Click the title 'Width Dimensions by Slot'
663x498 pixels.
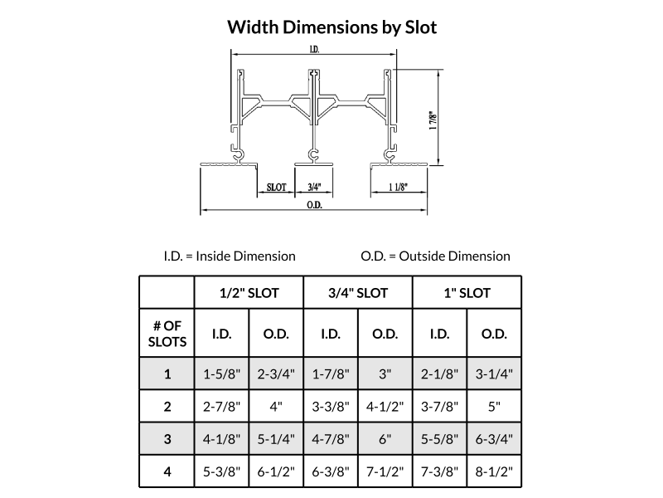point(332,27)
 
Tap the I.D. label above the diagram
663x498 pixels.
point(314,50)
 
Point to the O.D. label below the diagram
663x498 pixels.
point(314,205)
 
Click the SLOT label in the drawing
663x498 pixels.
point(277,188)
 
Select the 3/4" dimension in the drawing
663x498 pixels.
point(314,187)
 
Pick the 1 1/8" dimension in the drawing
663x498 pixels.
point(399,187)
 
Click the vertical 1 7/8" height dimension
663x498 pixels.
point(433,120)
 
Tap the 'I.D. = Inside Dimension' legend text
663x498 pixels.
point(230,256)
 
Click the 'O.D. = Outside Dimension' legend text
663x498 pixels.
point(436,256)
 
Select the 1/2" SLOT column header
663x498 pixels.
point(249,293)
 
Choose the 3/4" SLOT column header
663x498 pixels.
point(358,293)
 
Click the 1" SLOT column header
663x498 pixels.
point(467,293)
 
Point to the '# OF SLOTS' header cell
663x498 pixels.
point(167,334)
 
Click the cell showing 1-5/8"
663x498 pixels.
point(221,374)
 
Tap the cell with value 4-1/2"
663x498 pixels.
point(385,407)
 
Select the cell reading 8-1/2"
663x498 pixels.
point(494,471)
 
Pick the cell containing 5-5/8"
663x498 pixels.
point(440,439)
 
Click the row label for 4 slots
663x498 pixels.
point(167,471)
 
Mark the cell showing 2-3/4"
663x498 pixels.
point(276,374)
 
